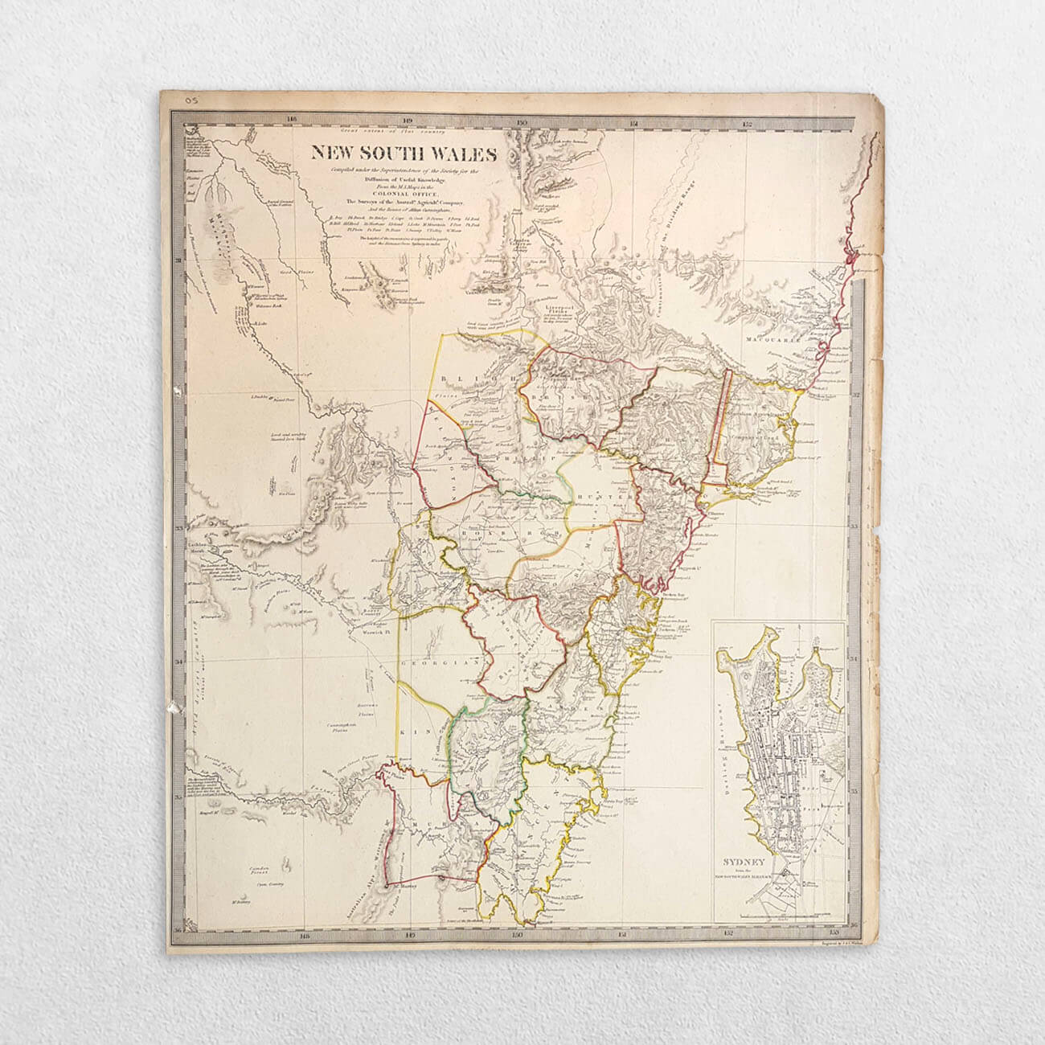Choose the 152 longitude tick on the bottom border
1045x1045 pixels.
coord(728,935)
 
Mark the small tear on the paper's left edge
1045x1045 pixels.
coord(171,710)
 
